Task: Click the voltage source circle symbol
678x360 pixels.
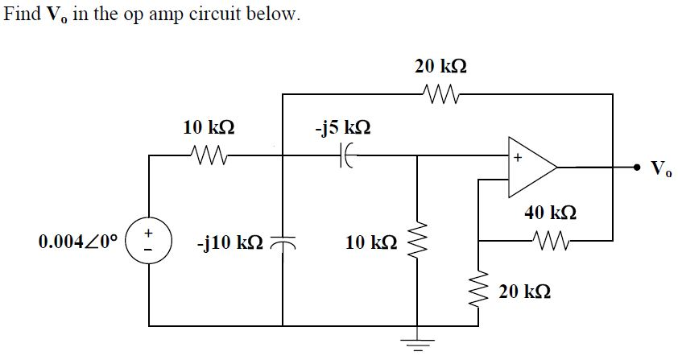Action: point(149,241)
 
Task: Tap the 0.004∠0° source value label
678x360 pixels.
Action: point(78,241)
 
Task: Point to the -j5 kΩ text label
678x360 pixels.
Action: point(342,128)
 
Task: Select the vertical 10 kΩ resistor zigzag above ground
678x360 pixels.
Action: point(416,241)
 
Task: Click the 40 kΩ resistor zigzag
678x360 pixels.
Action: point(549,240)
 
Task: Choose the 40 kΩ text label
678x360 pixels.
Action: point(551,213)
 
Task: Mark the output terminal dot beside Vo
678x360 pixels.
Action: point(637,168)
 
